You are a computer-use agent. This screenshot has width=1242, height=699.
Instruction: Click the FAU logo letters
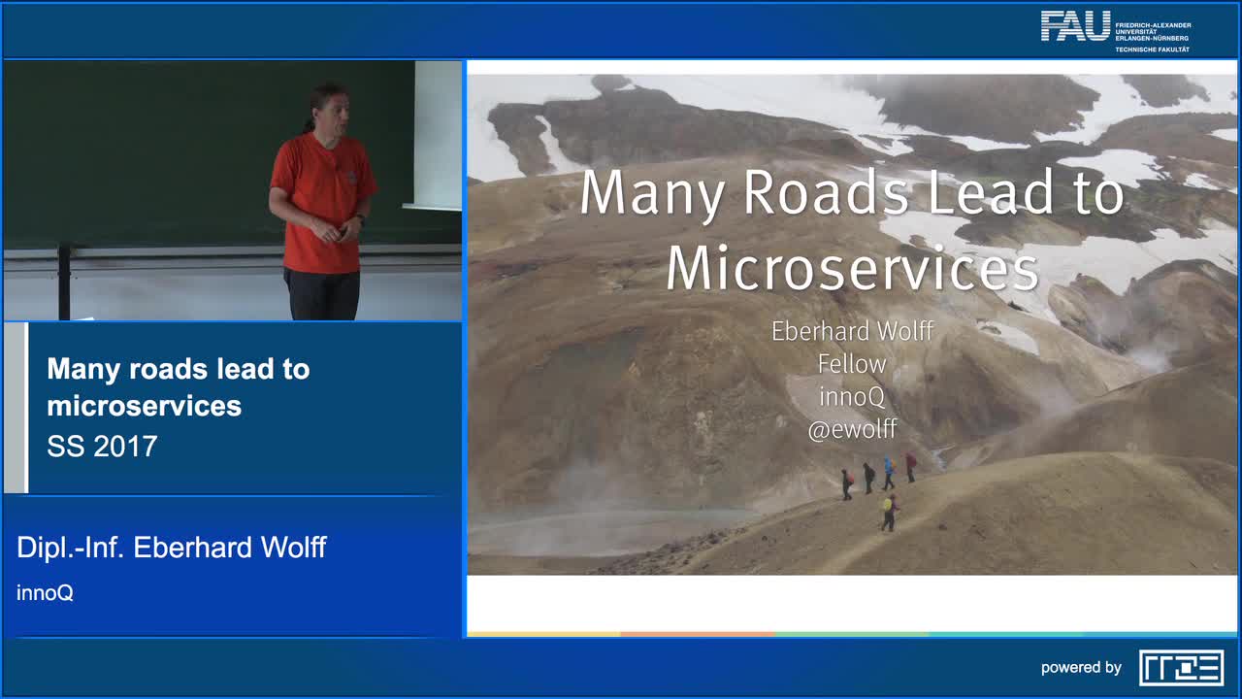coord(1075,26)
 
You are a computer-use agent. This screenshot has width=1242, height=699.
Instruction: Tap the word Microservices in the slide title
coord(852,269)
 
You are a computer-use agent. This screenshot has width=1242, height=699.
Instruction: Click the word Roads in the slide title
coord(826,193)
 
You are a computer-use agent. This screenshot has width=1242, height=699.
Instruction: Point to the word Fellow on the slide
coord(852,364)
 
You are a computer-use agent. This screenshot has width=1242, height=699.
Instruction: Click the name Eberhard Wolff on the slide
coord(852,331)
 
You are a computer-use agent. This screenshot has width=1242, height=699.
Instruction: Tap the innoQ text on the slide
coord(852,397)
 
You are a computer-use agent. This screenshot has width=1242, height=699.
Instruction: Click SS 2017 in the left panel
coord(102,447)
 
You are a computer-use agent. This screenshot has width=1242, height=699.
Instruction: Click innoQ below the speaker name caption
coord(45,593)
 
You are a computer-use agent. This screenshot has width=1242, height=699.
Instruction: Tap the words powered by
coord(1081,667)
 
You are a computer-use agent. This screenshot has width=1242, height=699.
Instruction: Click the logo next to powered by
coord(1181,668)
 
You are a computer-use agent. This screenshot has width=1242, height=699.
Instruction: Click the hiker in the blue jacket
coord(889,473)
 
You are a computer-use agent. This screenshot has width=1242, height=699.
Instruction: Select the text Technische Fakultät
coord(1152,50)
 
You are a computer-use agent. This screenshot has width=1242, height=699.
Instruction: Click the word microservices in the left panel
coord(145,406)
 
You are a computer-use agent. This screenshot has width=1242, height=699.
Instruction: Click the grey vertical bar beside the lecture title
coord(16,408)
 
